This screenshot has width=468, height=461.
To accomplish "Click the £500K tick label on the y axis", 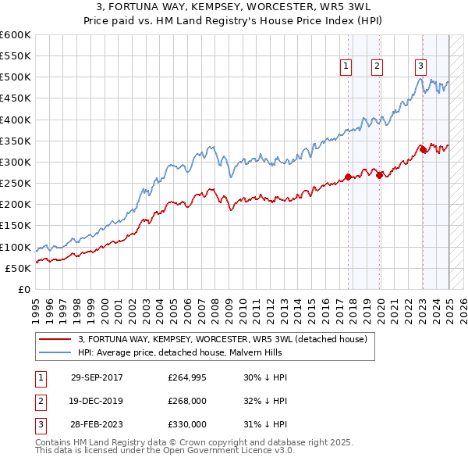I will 16,77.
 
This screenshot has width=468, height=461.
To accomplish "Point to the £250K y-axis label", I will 16,184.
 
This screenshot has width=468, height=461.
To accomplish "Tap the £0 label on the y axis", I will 25,289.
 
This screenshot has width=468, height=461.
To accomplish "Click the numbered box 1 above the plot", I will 345,66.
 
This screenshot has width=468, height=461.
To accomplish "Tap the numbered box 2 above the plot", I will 377,66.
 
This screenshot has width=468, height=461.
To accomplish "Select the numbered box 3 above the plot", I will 420,66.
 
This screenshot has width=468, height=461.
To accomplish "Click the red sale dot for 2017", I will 348,177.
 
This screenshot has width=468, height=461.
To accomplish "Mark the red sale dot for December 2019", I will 380,176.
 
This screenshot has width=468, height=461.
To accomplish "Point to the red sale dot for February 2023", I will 423,149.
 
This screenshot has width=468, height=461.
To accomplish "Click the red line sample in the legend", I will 55,339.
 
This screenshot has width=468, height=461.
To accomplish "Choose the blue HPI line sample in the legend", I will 55,352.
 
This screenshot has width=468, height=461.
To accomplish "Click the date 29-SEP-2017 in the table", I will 97,377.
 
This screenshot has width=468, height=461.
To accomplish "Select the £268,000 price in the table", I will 187,401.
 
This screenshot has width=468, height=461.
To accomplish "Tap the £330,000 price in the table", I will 187,424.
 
